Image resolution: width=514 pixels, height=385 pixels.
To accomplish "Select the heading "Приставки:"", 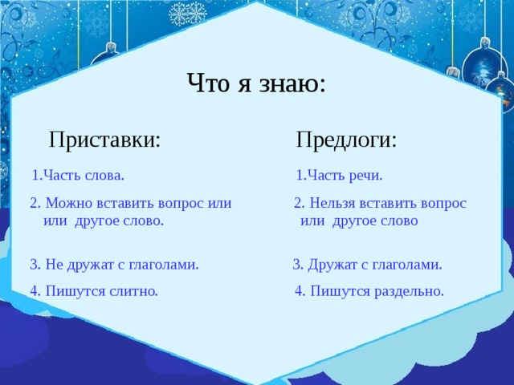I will point(104,140).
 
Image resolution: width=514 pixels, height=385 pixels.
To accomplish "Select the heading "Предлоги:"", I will point(346,140).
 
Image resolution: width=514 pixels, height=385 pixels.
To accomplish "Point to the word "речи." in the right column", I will point(365,175).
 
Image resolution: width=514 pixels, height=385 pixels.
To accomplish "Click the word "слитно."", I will point(129,291).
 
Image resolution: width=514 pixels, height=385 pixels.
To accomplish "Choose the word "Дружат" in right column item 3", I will point(331,264).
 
